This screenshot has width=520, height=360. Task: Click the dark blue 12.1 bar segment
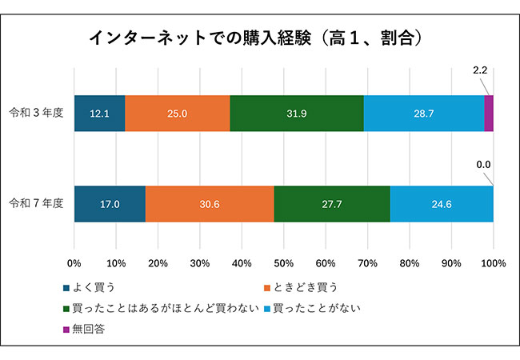tap(99, 114)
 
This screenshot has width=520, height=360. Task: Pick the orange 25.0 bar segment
tap(178, 114)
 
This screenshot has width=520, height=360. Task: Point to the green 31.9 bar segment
tap(297, 114)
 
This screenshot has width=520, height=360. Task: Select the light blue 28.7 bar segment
tap(424, 114)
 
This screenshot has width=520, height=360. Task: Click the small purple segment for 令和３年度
tap(489, 114)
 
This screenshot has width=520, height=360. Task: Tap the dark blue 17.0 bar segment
tap(110, 204)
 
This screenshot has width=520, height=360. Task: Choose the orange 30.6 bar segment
tap(210, 204)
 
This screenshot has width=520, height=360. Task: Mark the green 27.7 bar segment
tap(332, 204)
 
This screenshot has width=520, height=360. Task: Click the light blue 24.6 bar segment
tap(442, 204)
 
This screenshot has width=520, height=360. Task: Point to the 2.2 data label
tap(480, 70)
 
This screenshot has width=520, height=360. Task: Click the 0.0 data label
tap(482, 165)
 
